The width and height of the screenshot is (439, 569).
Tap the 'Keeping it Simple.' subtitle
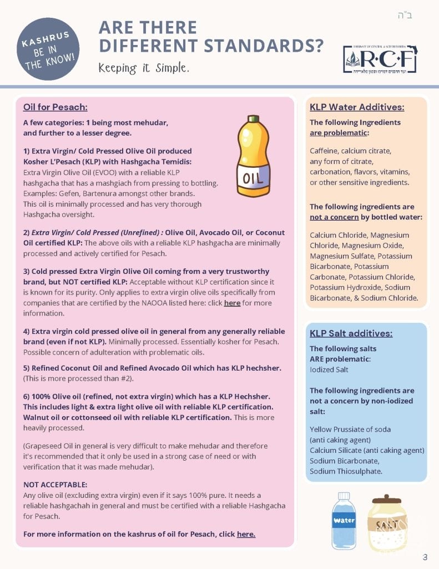click(x=144, y=68)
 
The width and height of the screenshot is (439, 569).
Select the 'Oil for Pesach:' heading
click(x=55, y=107)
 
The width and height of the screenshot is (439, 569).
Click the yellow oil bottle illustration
click(x=253, y=157)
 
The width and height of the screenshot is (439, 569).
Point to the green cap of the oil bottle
click(x=254, y=118)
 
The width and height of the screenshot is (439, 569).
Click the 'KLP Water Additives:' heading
click(x=357, y=107)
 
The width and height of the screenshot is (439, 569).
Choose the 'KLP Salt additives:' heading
click(x=351, y=333)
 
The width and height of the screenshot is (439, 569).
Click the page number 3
click(x=425, y=557)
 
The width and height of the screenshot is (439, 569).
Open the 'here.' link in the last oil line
click(x=246, y=534)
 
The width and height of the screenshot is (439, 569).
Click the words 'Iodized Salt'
click(x=329, y=370)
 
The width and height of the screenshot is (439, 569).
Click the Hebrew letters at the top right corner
click(x=405, y=15)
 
